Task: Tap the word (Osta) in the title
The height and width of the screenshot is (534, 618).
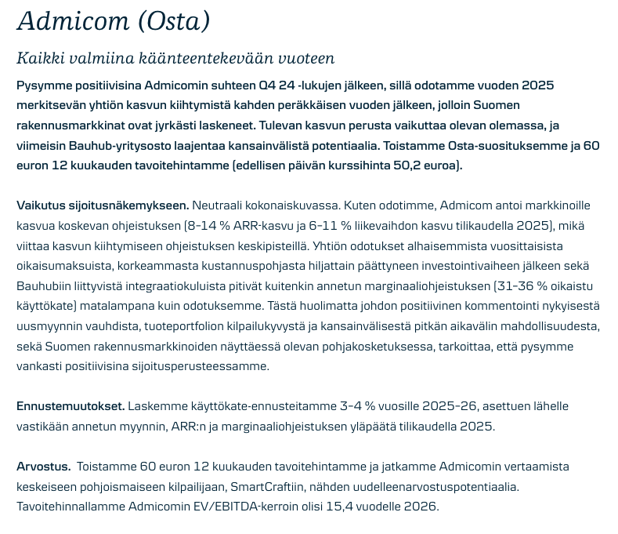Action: pyautogui.click(x=173, y=21)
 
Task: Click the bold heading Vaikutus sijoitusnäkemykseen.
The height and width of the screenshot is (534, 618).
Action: pyautogui.click(x=103, y=205)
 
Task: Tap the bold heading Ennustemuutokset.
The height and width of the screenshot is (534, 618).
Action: pyautogui.click(x=70, y=406)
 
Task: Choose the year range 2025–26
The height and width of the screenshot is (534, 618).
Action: pyautogui.click(x=450, y=406)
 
